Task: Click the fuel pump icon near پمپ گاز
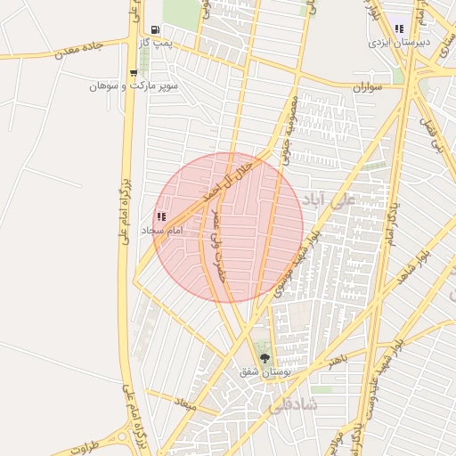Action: tap(156, 29)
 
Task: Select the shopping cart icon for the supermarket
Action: tap(134, 73)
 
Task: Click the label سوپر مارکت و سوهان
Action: tap(134, 86)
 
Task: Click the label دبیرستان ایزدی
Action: tap(399, 42)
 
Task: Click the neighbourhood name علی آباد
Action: tap(329, 199)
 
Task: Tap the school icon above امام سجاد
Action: tap(161, 216)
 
